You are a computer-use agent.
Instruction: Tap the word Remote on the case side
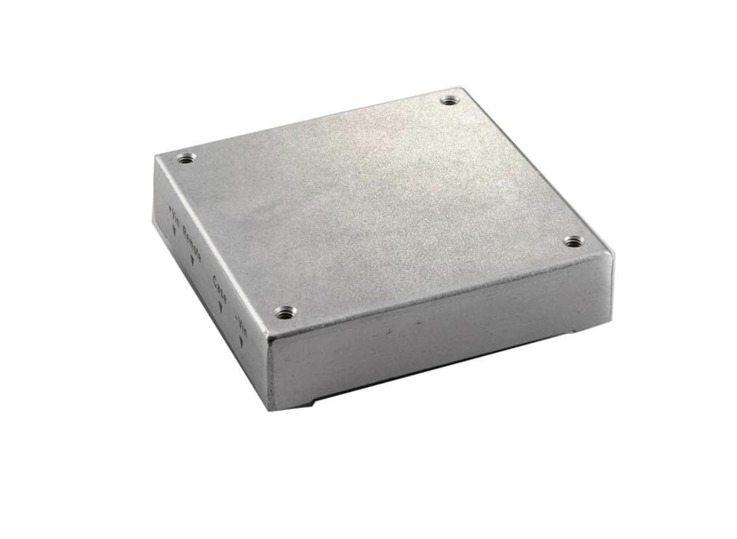(191, 242)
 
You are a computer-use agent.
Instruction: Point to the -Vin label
(241, 325)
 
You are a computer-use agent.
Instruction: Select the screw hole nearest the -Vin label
(285, 312)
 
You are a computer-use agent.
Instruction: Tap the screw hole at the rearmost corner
(448, 100)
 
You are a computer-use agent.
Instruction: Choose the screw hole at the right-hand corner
(572, 241)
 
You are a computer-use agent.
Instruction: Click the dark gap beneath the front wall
(440, 371)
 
